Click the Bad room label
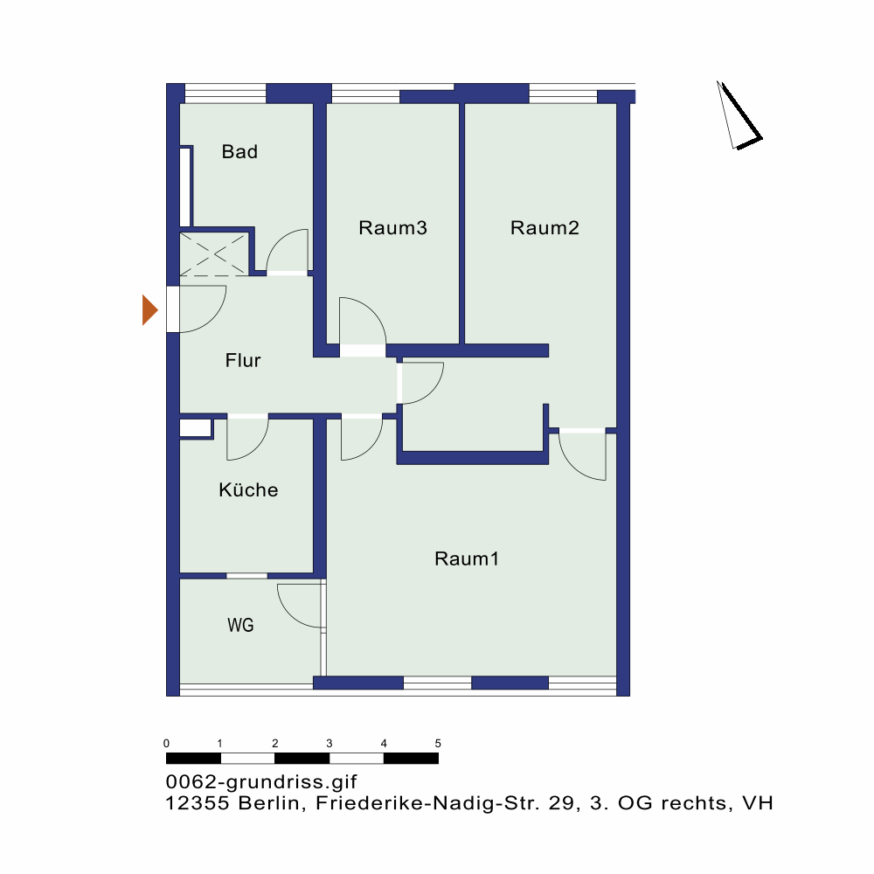pos(239,151)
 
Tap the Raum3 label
pos(393,227)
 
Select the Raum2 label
pos(545,227)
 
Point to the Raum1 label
pos(467,558)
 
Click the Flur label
pos(243,360)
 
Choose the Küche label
pos(248,489)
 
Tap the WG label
pos(240,625)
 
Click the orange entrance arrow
pos(150,310)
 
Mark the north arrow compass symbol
pos(739,115)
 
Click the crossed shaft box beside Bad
pos(214,254)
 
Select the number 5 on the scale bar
pos(438,743)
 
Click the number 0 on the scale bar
pos(166,743)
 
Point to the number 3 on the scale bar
pos(329,743)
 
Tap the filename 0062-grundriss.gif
pos(261,782)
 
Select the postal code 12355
pos(198,803)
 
